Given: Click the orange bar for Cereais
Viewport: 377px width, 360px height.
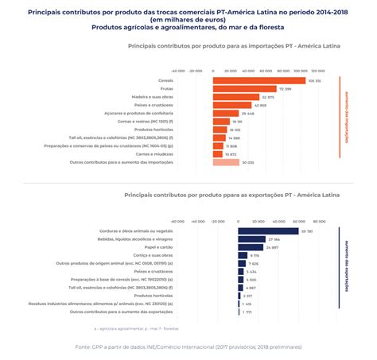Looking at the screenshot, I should tap(258, 80).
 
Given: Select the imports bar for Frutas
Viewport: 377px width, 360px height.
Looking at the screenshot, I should tap(243, 89).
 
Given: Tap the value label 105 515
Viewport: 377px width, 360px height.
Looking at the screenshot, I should tap(314, 80).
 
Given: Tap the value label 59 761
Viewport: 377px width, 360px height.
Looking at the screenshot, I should tap(307, 231).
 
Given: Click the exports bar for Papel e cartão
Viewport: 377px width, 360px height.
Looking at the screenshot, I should tap(251, 247).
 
